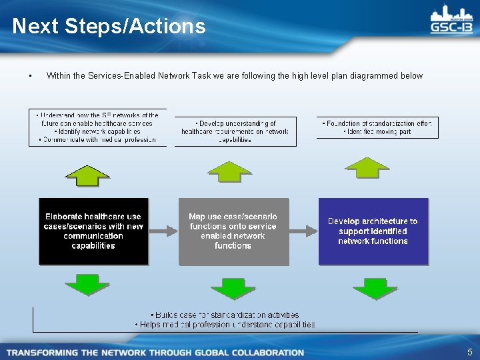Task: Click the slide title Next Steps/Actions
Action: (109, 26)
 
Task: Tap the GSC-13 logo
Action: (451, 21)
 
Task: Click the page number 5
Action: (469, 352)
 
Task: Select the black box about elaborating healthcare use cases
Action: (94, 231)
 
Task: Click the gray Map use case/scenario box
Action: (233, 231)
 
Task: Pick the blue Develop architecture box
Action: (373, 231)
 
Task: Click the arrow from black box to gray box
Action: (163, 231)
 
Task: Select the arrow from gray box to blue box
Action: (303, 231)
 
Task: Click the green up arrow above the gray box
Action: (230, 171)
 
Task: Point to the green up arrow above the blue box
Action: (370, 167)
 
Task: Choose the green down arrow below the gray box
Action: (233, 288)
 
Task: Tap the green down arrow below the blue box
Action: (375, 288)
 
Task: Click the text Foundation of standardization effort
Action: (377, 123)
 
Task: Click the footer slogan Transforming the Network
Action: (155, 352)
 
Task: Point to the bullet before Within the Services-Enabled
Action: (31, 76)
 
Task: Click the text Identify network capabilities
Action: (97, 131)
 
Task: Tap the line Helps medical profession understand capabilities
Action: (225, 325)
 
